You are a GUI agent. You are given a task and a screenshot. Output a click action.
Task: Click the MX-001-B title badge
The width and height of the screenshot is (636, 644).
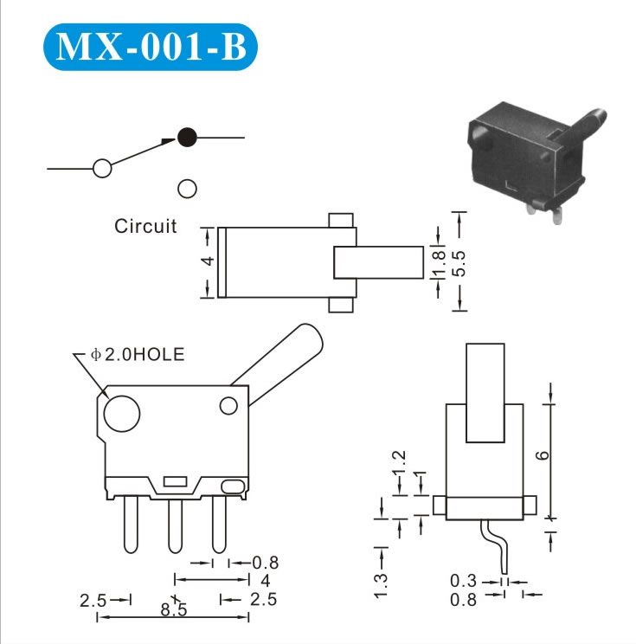[151, 47]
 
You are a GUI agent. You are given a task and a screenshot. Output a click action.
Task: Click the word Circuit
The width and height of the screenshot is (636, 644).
[145, 226]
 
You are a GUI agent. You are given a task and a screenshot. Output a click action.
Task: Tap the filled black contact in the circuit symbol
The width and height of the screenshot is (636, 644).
[187, 137]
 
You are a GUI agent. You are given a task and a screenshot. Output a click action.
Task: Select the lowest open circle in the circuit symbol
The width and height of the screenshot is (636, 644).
[187, 189]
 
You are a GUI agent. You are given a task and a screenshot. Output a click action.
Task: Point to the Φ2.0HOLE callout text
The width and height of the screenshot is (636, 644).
[138, 354]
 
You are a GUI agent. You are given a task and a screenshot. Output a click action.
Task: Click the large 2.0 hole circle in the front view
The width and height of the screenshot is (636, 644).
[122, 414]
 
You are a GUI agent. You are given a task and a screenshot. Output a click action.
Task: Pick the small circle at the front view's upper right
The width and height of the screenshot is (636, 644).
[228, 406]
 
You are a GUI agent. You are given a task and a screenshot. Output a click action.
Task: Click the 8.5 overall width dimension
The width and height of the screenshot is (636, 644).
[173, 609]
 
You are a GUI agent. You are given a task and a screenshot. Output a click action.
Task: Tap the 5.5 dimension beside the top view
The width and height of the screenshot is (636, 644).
[459, 263]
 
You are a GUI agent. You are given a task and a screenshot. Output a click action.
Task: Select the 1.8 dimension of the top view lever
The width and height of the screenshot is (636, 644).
[439, 263]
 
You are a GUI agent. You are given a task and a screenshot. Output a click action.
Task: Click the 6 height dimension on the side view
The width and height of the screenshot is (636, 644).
[543, 455]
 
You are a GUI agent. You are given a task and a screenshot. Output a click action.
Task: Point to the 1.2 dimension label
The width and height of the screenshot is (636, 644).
[399, 463]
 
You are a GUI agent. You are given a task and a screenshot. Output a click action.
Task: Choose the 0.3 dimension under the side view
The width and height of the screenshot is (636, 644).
[463, 581]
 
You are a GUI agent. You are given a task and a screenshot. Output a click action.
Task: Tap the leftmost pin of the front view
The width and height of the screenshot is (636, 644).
[131, 525]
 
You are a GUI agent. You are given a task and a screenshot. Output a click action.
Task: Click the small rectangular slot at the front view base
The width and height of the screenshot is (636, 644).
[176, 482]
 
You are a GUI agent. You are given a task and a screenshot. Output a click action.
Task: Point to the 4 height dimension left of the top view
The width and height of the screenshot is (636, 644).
[209, 261]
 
